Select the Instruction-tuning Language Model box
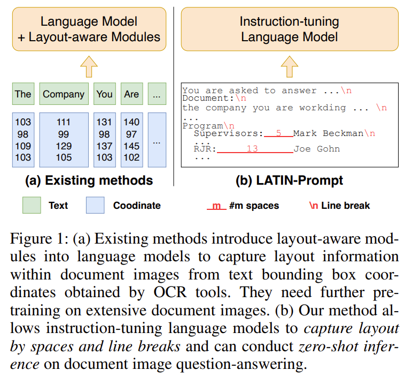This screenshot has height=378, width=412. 289,29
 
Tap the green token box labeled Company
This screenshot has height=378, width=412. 64,94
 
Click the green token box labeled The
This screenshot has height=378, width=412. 22,94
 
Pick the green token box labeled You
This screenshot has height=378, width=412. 104,94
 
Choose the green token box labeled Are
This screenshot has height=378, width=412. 131,94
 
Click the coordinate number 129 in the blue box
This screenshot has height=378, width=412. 64,146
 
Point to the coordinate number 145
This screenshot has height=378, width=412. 131,146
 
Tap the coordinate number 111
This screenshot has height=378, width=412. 64,122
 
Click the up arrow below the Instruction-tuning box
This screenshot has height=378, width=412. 289,66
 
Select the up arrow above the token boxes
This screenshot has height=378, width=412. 88,66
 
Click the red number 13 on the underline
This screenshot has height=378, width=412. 252,149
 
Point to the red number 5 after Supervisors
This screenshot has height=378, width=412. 278,133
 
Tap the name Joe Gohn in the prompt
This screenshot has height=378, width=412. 316,149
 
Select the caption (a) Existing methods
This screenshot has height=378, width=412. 89,180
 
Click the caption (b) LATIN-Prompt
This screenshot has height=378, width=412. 289,180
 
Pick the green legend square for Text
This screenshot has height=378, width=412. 33,205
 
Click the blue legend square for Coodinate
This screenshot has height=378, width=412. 96,205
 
